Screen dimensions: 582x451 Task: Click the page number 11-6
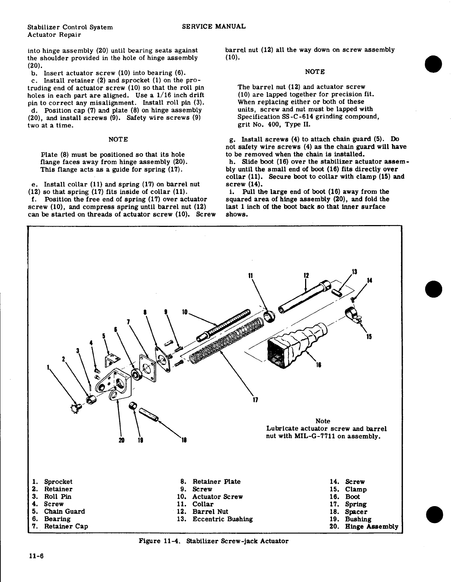(x=36, y=556)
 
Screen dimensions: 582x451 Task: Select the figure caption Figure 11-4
(x=213, y=541)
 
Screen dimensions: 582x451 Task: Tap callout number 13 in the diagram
(x=355, y=273)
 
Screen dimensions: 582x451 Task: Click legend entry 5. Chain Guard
(x=59, y=511)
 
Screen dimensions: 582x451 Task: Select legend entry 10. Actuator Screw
(x=210, y=497)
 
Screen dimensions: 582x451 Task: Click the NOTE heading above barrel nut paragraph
(x=315, y=71)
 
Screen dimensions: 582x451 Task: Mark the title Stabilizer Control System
(x=70, y=27)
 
